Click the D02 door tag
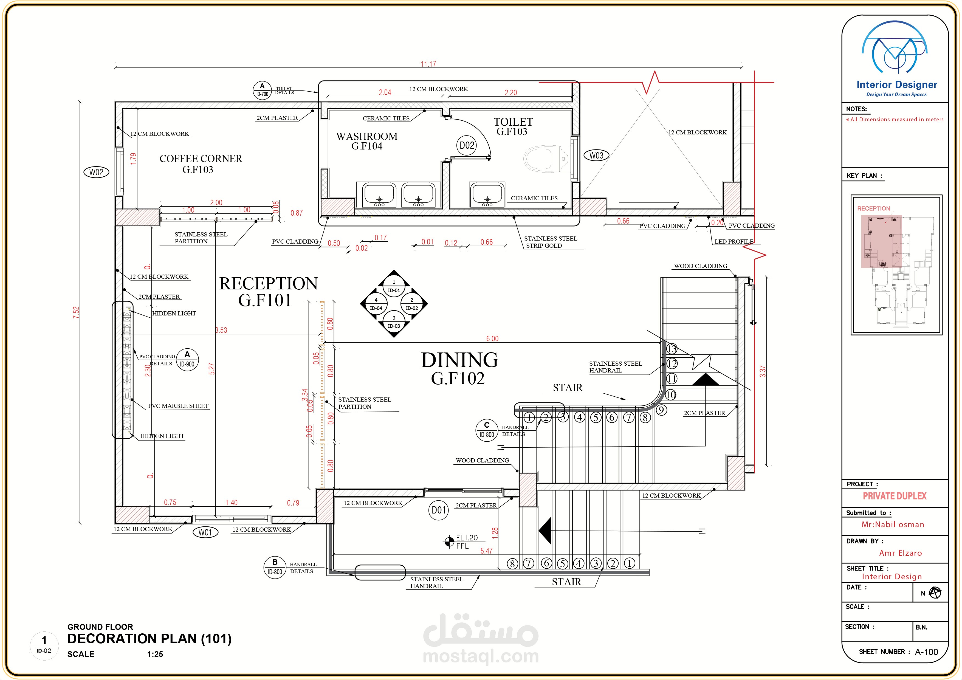(x=467, y=145)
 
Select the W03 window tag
(x=596, y=156)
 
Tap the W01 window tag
(x=205, y=532)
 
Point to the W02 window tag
(x=96, y=172)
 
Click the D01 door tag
(x=438, y=510)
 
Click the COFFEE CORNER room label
(x=201, y=159)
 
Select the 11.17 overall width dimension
(x=428, y=64)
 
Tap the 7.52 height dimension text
(x=76, y=312)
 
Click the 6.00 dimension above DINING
(x=492, y=338)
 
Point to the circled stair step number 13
(x=672, y=349)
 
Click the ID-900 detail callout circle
(x=187, y=360)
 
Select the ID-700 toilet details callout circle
(x=262, y=90)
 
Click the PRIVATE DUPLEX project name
(x=895, y=496)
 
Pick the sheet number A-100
(x=926, y=652)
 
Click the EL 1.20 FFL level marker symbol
(x=449, y=542)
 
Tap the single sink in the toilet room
(x=487, y=195)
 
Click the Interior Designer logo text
(x=897, y=85)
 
